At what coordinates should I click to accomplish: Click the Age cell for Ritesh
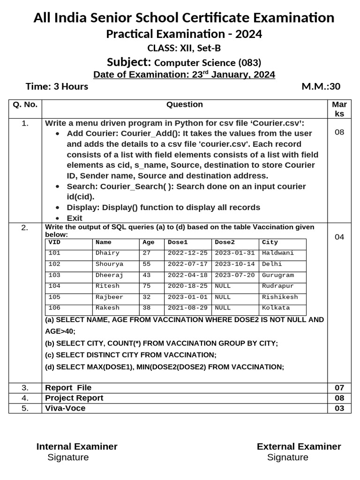click(147, 286)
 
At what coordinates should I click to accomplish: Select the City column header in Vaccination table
click(270, 242)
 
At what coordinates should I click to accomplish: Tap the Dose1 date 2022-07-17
click(187, 264)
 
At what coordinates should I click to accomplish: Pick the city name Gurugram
click(278, 275)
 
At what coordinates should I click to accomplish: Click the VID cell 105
click(54, 297)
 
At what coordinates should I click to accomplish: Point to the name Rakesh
click(107, 308)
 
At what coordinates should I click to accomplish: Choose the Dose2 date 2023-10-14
click(234, 264)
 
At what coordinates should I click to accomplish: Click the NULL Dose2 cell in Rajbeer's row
click(223, 297)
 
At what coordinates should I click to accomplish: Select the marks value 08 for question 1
click(339, 132)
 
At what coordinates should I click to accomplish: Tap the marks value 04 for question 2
click(339, 237)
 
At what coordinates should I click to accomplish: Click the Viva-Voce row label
click(65, 408)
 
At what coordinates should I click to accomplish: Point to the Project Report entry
click(74, 398)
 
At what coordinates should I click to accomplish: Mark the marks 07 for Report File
click(339, 388)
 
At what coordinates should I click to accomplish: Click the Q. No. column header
click(25, 105)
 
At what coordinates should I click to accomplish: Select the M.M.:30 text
click(321, 86)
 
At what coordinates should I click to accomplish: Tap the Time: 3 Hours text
click(57, 86)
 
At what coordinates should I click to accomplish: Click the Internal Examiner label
click(77, 447)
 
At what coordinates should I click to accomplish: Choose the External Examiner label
click(299, 447)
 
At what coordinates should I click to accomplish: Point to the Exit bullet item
click(75, 218)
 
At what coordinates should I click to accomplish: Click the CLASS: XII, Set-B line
click(184, 48)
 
